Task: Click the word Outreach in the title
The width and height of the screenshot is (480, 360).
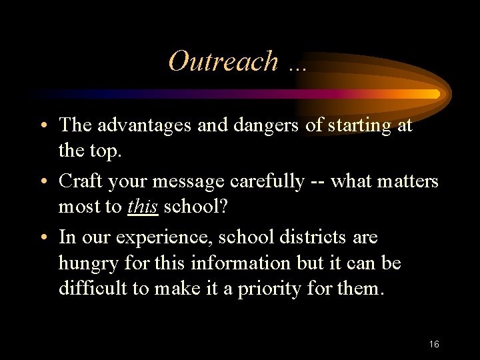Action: click(x=223, y=61)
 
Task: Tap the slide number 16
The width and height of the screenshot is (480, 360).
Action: click(x=434, y=345)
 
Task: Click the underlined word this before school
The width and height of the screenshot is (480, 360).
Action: click(x=143, y=207)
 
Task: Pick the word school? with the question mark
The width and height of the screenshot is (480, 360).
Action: click(x=196, y=207)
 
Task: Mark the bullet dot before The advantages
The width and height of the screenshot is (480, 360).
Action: click(x=42, y=126)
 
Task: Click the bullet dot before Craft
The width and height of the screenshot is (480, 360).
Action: click(x=42, y=182)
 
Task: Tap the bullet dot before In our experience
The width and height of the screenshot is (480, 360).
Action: click(x=42, y=238)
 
